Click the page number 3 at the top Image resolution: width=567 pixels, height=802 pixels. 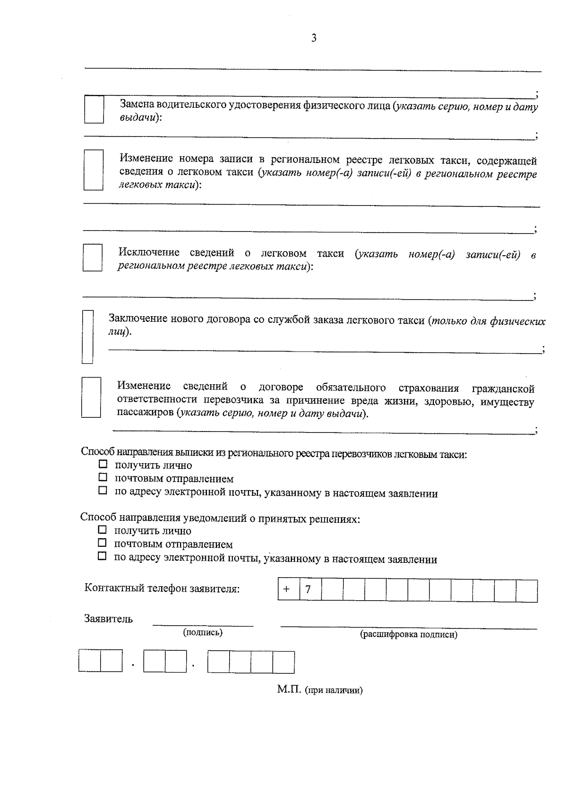[x=314, y=38]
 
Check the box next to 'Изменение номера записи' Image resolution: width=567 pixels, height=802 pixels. [x=93, y=170]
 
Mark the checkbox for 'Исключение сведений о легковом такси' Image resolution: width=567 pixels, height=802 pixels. [x=93, y=258]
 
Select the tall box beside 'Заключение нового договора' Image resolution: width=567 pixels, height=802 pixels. [x=87, y=336]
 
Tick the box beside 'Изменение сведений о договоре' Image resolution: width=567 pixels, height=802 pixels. [x=91, y=397]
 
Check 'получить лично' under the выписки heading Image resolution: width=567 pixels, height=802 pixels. [x=103, y=465]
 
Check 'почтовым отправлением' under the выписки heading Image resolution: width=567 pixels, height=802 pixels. [x=103, y=478]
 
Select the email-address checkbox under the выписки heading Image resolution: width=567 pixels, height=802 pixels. [x=103, y=491]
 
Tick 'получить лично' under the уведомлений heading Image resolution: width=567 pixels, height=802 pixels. [x=103, y=530]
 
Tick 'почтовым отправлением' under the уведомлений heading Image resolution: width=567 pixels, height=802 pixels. [x=103, y=543]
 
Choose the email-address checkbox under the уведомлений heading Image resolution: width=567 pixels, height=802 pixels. [x=103, y=557]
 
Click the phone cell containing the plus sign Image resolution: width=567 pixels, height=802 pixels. [x=289, y=590]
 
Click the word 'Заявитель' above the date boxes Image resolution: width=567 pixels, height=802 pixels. [x=109, y=619]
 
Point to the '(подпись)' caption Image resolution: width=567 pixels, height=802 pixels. [x=203, y=632]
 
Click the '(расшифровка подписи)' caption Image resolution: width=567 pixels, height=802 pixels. [x=409, y=635]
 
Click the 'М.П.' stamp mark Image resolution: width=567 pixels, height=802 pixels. [x=288, y=690]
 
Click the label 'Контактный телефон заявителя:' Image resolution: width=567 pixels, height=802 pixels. [x=162, y=589]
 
